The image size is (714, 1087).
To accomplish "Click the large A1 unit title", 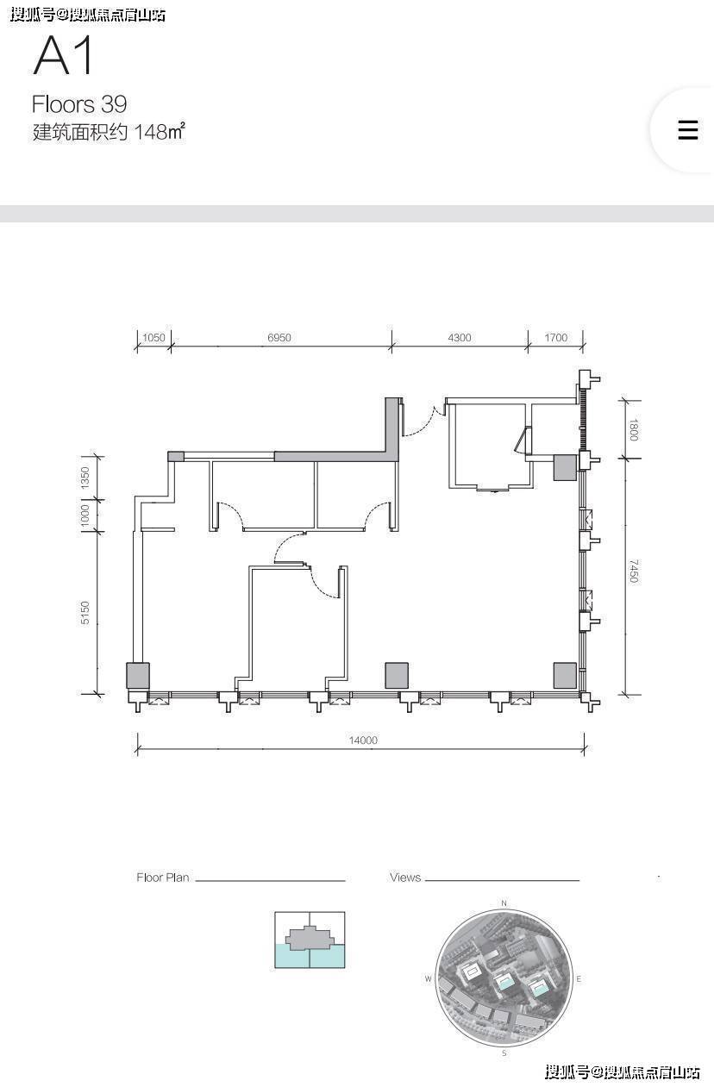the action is tap(63, 55).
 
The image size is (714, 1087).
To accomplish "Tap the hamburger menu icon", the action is tap(688, 130).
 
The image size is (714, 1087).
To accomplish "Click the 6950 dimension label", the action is tap(279, 337).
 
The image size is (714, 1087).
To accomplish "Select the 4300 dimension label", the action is tap(459, 337).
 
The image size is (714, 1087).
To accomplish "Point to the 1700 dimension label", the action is tap(556, 337).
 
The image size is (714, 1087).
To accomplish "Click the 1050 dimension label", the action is tap(153, 337).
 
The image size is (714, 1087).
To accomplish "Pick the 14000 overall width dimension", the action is tap(363, 740).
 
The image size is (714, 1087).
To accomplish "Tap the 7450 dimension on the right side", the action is tap(634, 571).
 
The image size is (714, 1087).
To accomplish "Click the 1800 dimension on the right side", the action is tap(634, 429).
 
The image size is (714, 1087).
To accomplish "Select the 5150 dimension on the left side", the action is tap(85, 613).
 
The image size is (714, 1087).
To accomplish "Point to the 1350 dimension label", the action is tap(85, 478).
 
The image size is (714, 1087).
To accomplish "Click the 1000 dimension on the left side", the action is tap(85, 515).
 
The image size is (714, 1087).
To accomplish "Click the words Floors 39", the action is tap(79, 103).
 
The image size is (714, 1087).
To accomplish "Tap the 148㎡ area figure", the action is tap(160, 132).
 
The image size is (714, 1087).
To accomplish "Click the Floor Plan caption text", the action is tap(163, 878).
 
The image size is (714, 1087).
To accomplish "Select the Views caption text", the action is tap(404, 878).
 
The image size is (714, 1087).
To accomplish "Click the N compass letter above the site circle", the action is tap(504, 903).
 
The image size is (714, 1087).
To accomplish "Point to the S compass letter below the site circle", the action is tap(504, 1053).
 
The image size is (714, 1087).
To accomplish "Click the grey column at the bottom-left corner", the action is tap(138, 675).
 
